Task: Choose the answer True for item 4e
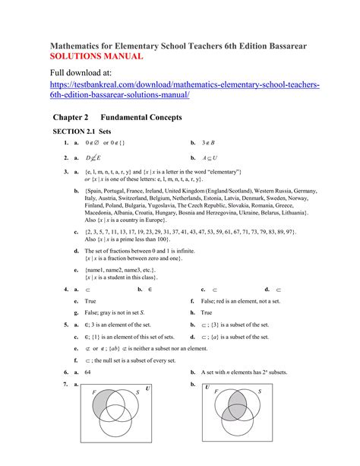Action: [x=90, y=301]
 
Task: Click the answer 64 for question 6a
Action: [x=88, y=372]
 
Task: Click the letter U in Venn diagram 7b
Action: [x=207, y=387]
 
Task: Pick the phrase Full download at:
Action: [x=85, y=73]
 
